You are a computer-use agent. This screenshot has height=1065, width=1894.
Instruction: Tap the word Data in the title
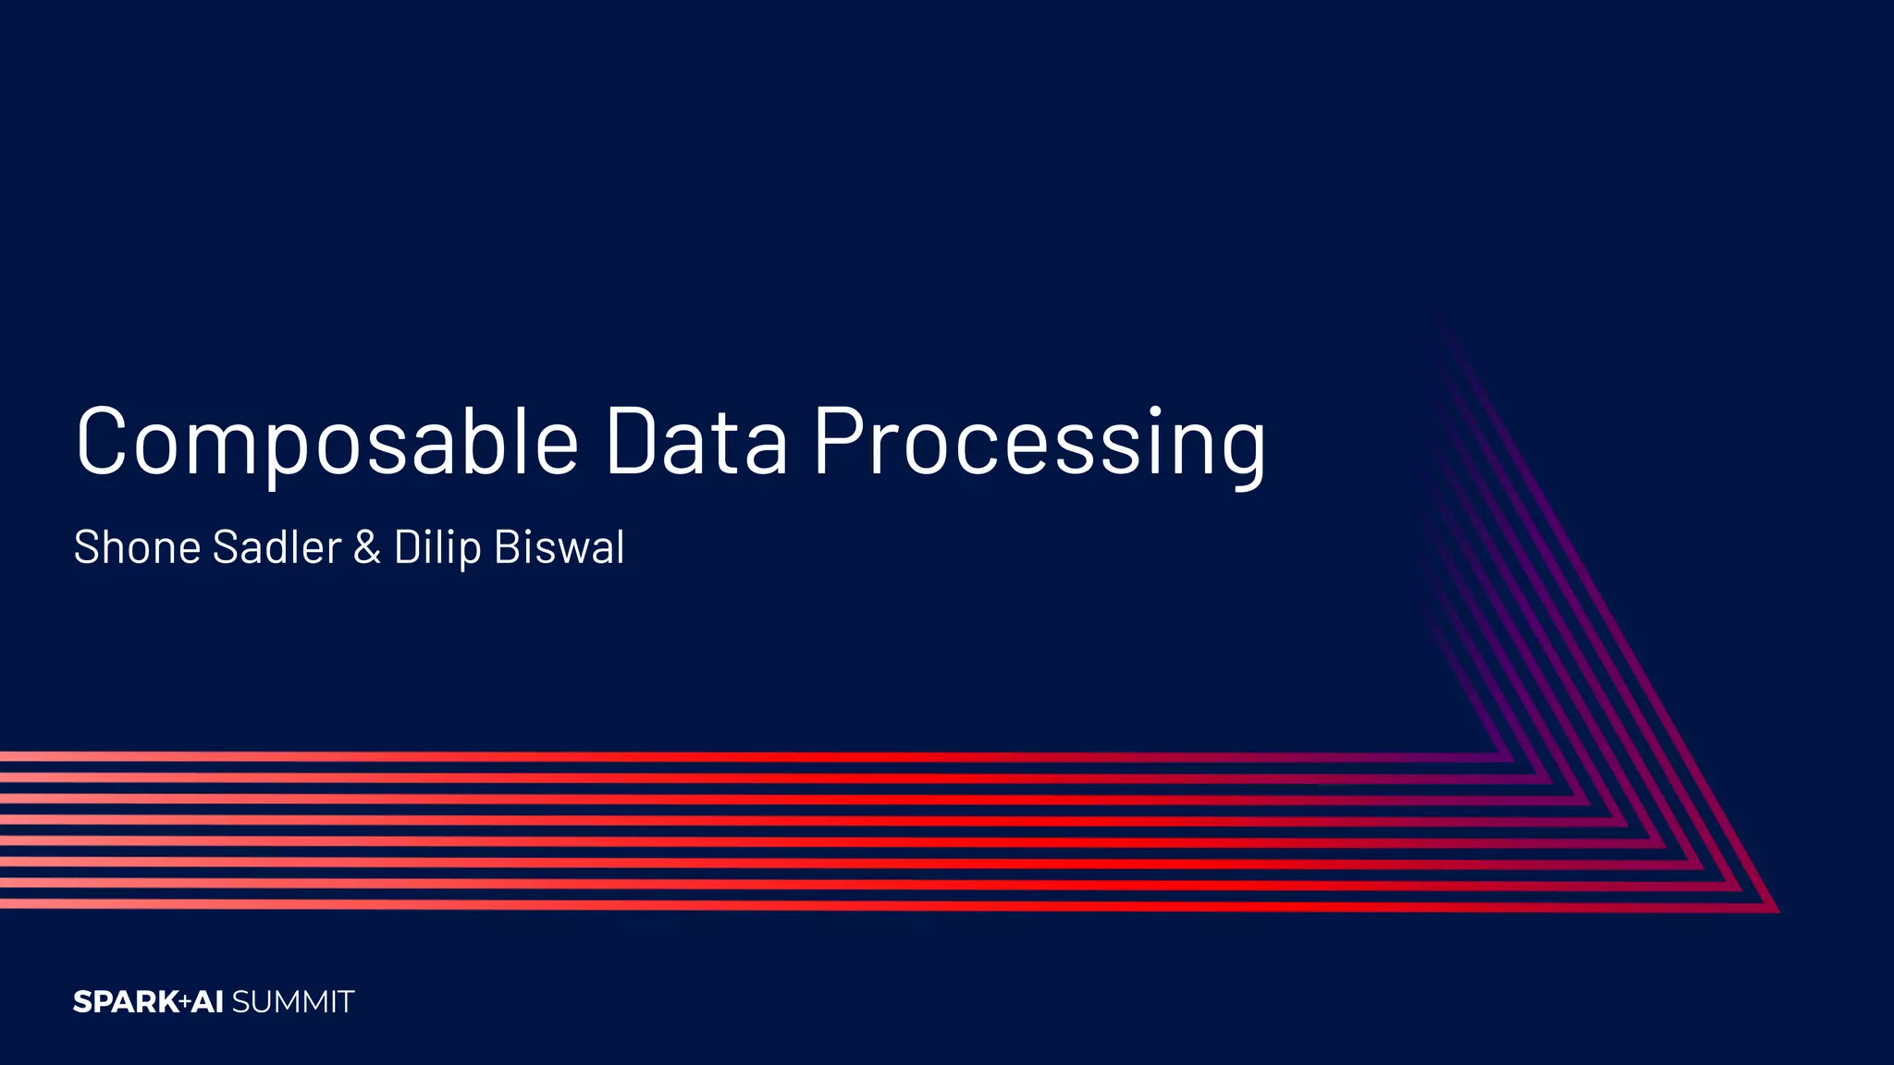pyautogui.click(x=696, y=442)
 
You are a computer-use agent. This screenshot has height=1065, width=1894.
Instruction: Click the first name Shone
pyautogui.click(x=137, y=547)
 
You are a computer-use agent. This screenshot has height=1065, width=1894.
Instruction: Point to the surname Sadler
pyautogui.click(x=277, y=547)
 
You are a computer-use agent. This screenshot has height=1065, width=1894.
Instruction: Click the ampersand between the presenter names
pyautogui.click(x=367, y=547)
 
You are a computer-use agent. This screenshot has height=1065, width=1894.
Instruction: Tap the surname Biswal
pyautogui.click(x=560, y=547)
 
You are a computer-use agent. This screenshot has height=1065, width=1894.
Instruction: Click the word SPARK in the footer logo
pyautogui.click(x=126, y=1002)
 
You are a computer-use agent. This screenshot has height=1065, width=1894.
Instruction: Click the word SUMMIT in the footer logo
pyautogui.click(x=293, y=1002)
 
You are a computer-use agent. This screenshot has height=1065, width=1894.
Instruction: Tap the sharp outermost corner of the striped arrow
pyautogui.click(x=1777, y=911)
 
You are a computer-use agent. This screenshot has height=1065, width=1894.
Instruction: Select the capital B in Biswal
pyautogui.click(x=509, y=547)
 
